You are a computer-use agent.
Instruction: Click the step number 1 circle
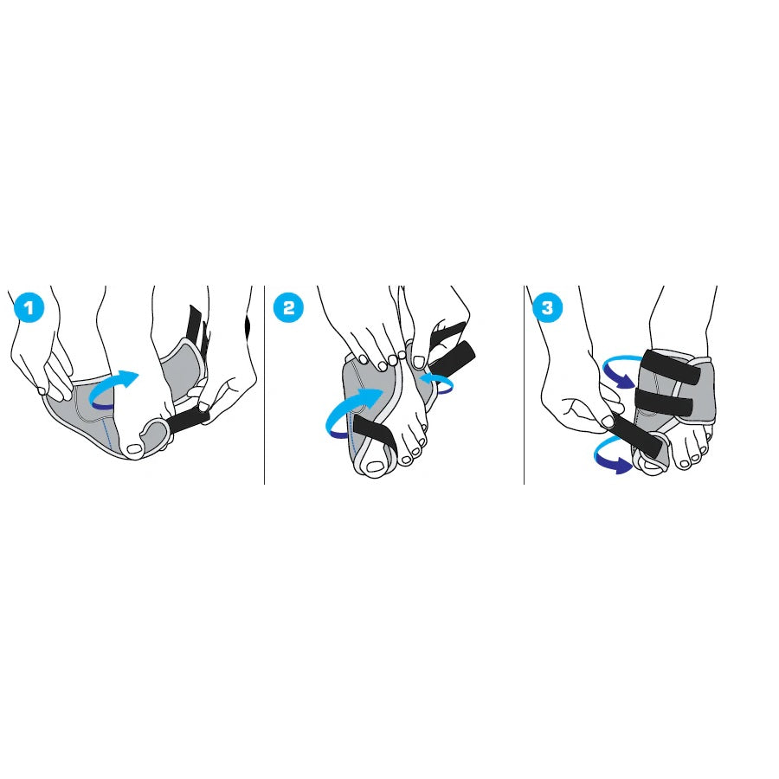coord(29,307)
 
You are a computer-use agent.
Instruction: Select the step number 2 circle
coord(288,307)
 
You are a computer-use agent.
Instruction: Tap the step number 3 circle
coord(547,307)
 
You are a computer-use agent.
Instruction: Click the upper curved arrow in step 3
coord(616,369)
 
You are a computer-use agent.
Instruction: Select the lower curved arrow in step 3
coord(612,454)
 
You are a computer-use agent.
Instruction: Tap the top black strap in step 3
coord(671,367)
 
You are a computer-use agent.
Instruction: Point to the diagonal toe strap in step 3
coord(637,436)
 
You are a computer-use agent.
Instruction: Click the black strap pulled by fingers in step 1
coord(188,421)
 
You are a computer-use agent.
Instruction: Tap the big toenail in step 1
coord(135,450)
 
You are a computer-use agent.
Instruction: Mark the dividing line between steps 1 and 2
coord(264,385)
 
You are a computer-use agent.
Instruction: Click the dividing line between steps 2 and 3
coord(525,385)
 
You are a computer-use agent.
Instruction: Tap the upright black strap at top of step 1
coord(197,331)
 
